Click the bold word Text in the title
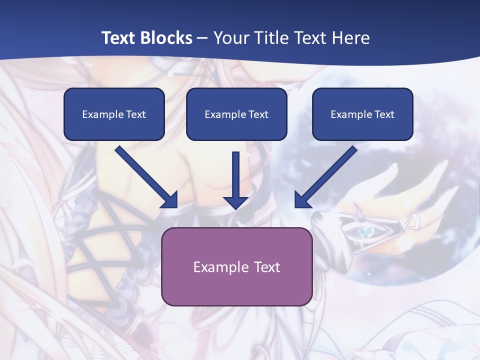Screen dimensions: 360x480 (118, 38)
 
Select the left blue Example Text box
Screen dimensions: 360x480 (114, 114)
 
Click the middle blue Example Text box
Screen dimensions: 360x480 (236, 114)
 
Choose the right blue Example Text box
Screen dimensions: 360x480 (362, 114)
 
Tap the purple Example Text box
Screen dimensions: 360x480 (236, 266)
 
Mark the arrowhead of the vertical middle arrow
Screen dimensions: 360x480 (236, 202)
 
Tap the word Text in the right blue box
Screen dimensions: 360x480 (384, 114)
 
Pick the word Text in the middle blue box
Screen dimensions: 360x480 (258, 114)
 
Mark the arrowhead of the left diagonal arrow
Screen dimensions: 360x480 (170, 200)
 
